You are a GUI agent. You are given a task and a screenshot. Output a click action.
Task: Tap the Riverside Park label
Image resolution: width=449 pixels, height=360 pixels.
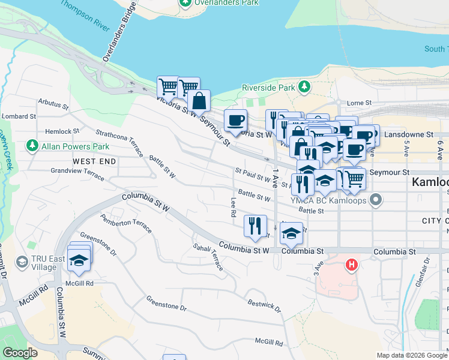pos(268,88)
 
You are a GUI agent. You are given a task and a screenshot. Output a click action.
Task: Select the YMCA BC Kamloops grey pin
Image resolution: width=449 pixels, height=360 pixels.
pos(376,199)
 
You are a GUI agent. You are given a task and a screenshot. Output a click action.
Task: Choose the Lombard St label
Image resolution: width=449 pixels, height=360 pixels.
pos(16,116)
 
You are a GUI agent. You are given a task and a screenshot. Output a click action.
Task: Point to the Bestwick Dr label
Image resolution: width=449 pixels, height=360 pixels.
pos(264,304)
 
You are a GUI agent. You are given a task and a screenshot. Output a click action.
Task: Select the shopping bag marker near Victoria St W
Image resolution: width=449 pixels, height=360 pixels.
pos(199,101)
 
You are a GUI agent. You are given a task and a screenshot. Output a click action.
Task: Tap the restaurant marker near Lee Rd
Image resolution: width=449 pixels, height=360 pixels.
pos(255,226)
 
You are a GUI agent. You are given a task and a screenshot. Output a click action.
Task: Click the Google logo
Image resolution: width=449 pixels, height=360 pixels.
pos(20,353)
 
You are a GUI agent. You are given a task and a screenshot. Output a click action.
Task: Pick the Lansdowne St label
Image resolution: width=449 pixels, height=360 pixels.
pos(411,135)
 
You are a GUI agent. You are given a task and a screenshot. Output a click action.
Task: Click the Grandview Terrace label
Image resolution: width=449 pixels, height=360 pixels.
pos(77,171)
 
